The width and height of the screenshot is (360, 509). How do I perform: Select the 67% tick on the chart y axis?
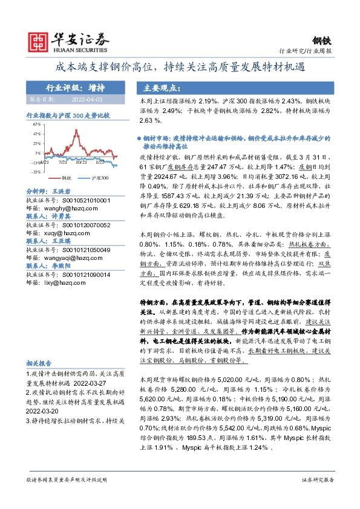pyautogui.click(x=38, y=126)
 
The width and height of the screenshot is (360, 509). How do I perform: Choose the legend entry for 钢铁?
pyautogui.click(x=64, y=178)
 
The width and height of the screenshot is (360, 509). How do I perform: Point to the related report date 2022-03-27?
pyautogui.click(x=97, y=383)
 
